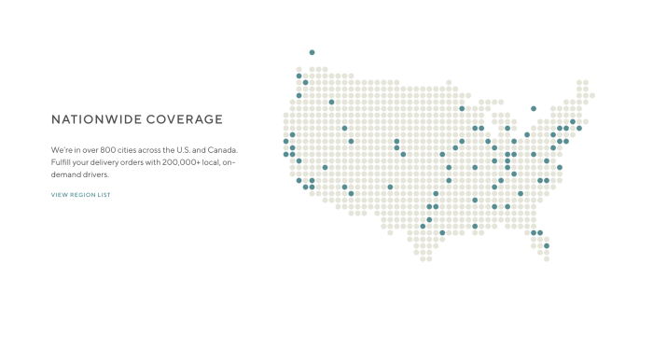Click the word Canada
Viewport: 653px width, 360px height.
(222, 149)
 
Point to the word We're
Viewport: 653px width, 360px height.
(62, 149)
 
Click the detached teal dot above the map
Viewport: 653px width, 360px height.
(312, 52)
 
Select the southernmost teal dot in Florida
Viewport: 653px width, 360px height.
(547, 245)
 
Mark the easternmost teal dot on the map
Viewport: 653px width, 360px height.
(579, 128)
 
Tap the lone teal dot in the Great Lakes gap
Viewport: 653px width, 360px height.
(534, 108)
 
